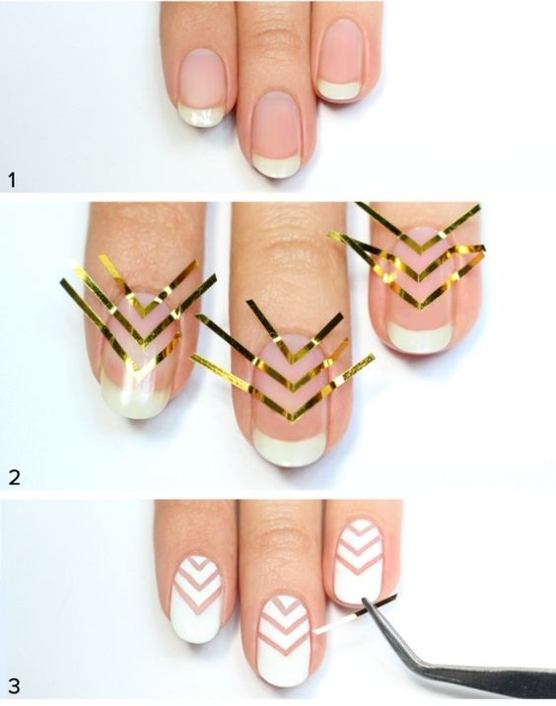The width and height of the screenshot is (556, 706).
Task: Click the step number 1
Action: [12, 180]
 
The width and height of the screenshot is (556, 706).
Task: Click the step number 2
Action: [15, 477]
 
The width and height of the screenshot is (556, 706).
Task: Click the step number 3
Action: [14, 686]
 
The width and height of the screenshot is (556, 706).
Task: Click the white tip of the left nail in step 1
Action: [200, 114]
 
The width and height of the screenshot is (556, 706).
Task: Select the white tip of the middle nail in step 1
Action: [276, 165]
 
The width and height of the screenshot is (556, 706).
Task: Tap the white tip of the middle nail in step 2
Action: [287, 448]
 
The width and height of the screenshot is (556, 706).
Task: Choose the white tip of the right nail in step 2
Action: [419, 337]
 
